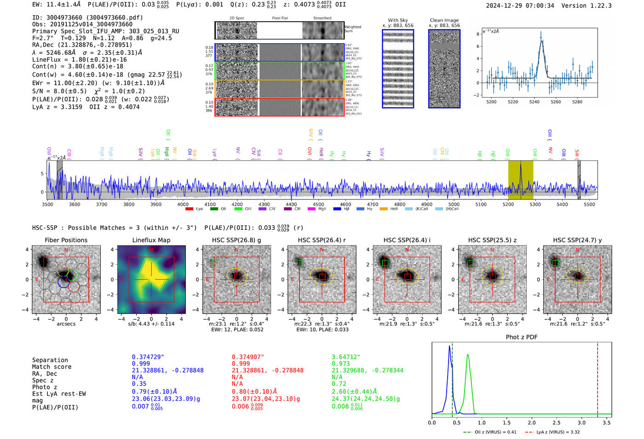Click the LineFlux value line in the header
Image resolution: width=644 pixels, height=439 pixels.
point(79,59)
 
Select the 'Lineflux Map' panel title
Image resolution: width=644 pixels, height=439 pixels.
point(151,240)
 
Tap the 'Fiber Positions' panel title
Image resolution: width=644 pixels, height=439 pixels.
point(66,240)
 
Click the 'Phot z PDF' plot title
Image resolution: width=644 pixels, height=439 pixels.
point(521,337)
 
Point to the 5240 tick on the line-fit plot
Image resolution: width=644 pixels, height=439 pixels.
point(534,102)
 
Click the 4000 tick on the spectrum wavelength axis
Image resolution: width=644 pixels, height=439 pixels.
point(183,205)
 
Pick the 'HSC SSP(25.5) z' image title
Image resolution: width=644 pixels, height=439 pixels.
point(492,240)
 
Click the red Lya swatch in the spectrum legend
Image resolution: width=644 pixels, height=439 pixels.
point(189,209)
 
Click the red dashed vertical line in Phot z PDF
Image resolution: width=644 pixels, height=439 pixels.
point(598,378)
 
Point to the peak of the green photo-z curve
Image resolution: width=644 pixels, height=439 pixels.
point(467,355)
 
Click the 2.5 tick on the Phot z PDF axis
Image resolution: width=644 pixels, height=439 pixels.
point(557,422)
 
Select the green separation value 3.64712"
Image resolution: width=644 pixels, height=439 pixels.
point(346,357)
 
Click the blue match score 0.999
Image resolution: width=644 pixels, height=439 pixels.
point(141,364)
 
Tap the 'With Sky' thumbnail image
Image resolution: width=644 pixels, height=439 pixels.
point(398,69)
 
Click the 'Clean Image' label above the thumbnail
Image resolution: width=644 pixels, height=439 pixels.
point(444,20)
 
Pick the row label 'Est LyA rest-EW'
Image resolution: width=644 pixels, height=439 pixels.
point(59,394)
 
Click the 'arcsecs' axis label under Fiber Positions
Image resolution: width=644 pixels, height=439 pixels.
point(66,324)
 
